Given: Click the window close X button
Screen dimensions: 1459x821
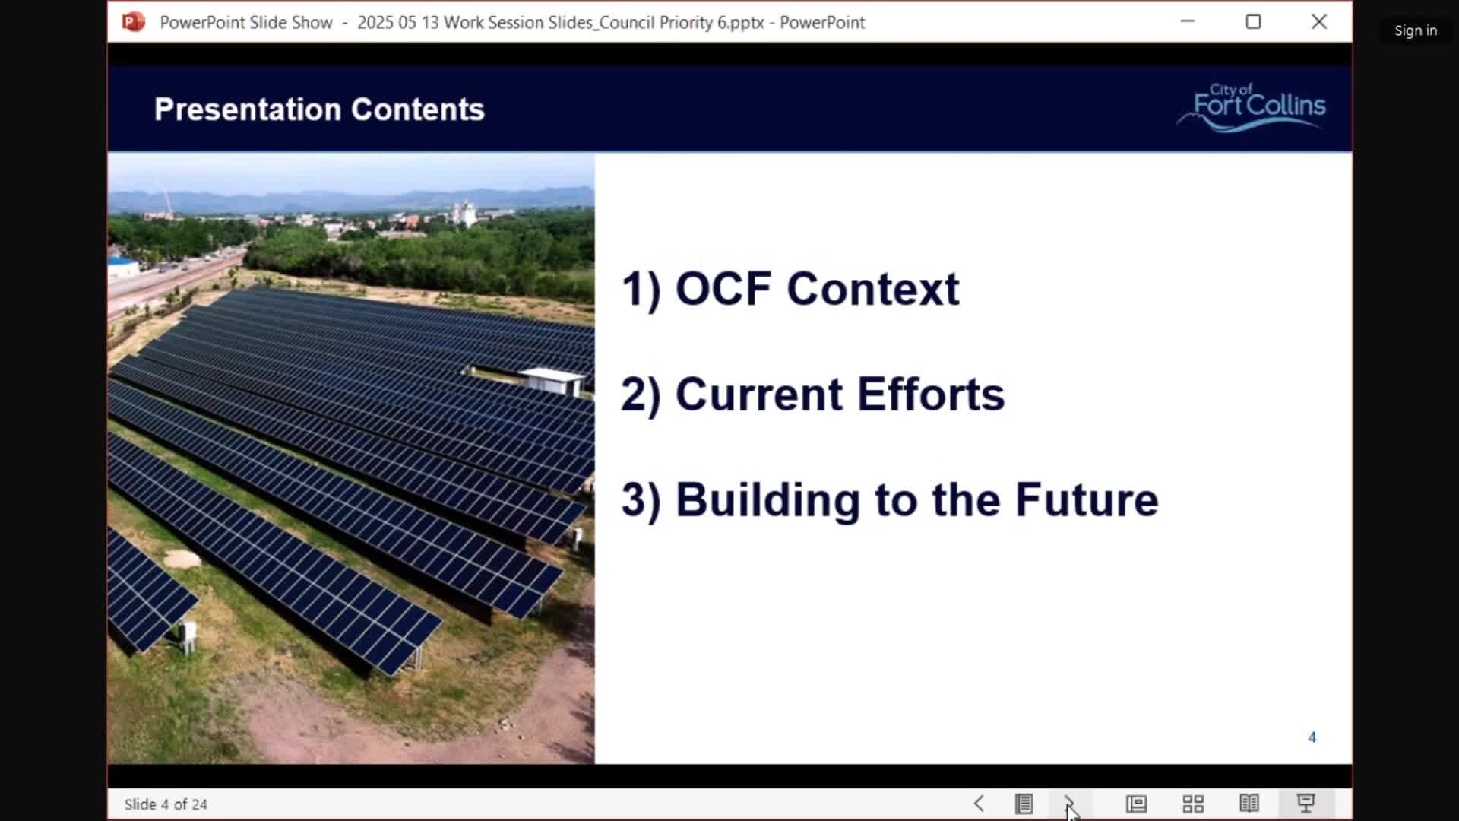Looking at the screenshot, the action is click(x=1319, y=22).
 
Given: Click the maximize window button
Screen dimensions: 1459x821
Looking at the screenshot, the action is click(x=1253, y=22).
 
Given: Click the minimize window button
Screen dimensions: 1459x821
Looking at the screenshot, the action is click(x=1188, y=21).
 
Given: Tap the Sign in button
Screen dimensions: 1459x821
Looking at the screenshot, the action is click(x=1416, y=30).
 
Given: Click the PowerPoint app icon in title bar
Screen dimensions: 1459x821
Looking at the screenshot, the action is click(x=134, y=22).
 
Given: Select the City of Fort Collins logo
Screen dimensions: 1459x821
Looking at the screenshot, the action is click(x=1252, y=107).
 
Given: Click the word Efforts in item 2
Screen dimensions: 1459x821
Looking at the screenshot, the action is click(x=931, y=395).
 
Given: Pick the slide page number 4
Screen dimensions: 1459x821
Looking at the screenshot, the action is click(x=1312, y=737).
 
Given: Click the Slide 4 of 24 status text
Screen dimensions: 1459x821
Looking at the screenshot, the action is click(x=166, y=804).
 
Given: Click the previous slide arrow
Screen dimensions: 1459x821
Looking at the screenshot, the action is click(x=979, y=804).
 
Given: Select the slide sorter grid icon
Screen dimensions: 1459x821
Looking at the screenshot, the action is click(x=1193, y=804).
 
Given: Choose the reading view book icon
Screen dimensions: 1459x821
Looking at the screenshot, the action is click(x=1249, y=804).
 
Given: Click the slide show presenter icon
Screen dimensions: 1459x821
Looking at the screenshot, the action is click(x=1306, y=804).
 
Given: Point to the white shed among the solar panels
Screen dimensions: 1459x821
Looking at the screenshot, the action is click(x=552, y=380).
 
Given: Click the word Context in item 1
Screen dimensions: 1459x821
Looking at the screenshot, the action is click(x=873, y=289).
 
